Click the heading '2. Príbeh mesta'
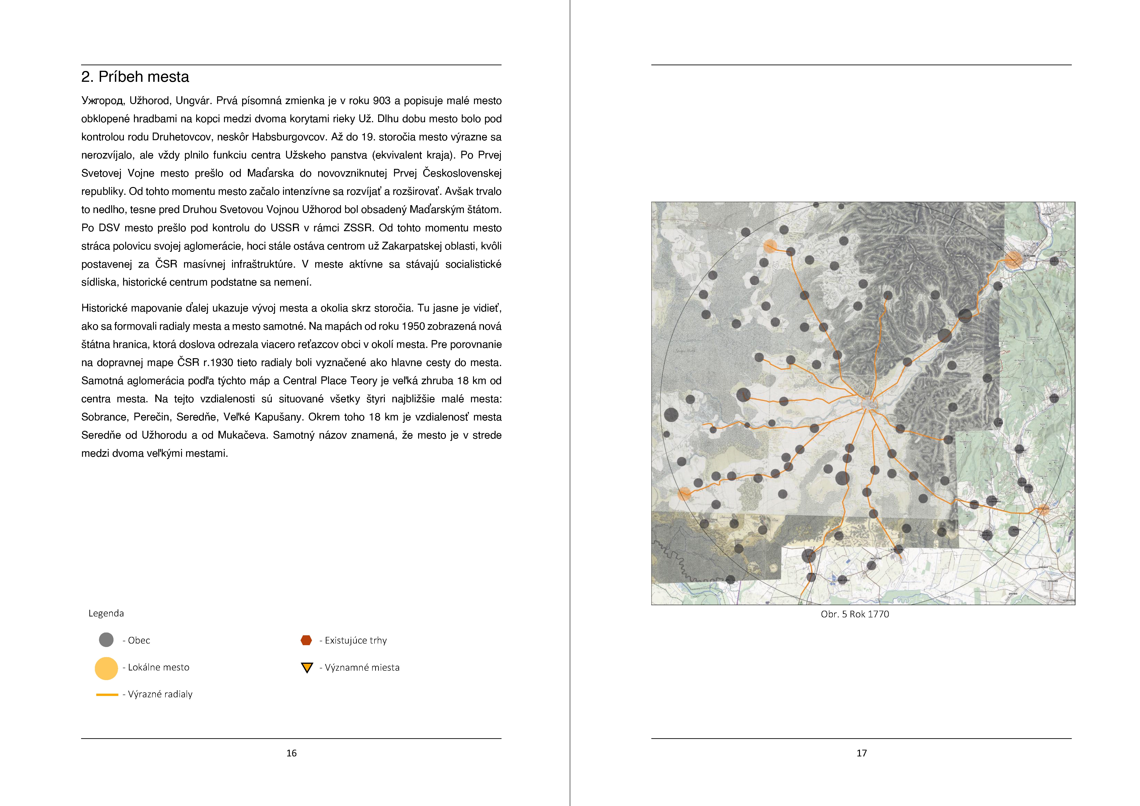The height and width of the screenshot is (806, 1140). pyautogui.click(x=135, y=77)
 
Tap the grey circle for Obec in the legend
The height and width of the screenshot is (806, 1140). pyautogui.click(x=106, y=640)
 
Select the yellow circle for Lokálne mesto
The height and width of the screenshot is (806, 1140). pyautogui.click(x=106, y=668)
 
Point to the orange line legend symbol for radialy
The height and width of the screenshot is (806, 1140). pyautogui.click(x=107, y=694)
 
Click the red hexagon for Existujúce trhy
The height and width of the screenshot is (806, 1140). pyautogui.click(x=306, y=640)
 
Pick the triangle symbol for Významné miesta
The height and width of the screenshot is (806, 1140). pyautogui.click(x=307, y=667)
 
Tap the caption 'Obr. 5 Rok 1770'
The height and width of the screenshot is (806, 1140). pyautogui.click(x=854, y=614)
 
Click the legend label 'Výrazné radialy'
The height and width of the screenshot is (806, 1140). pyautogui.click(x=160, y=694)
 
